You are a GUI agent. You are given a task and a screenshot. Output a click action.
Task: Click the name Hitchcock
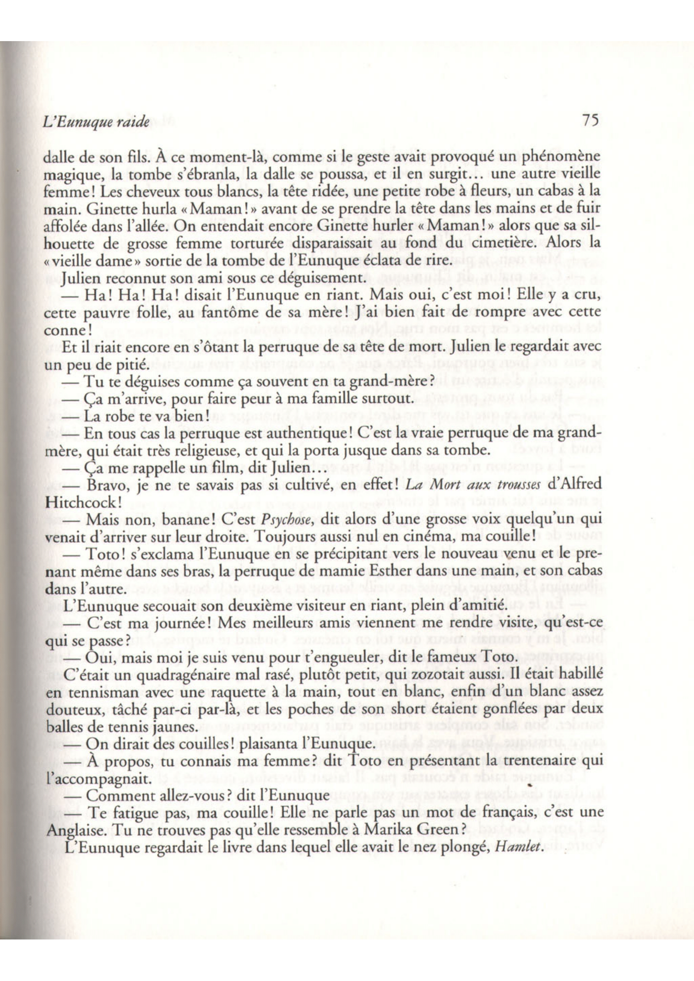coord(78,503)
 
